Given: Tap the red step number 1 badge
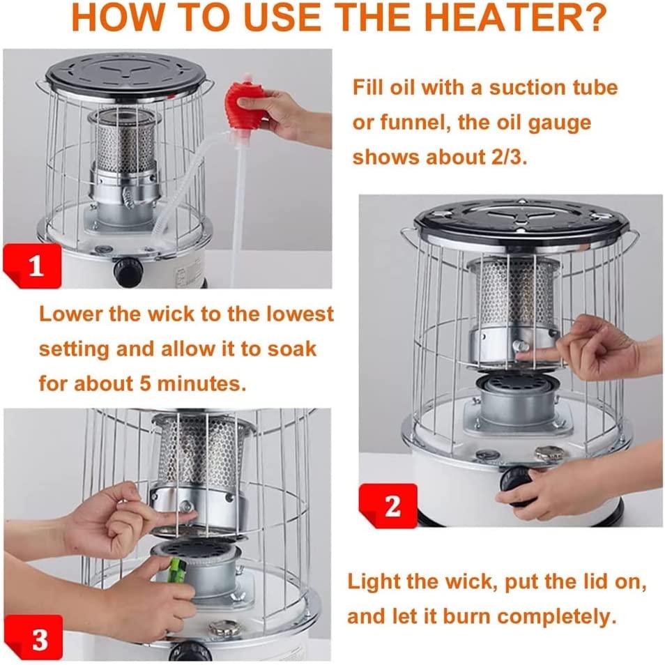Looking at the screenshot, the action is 33,266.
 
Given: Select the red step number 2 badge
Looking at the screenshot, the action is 388,505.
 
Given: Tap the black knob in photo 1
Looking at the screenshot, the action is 128,270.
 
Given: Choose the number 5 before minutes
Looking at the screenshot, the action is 146,384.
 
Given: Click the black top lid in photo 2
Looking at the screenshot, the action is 523,222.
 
